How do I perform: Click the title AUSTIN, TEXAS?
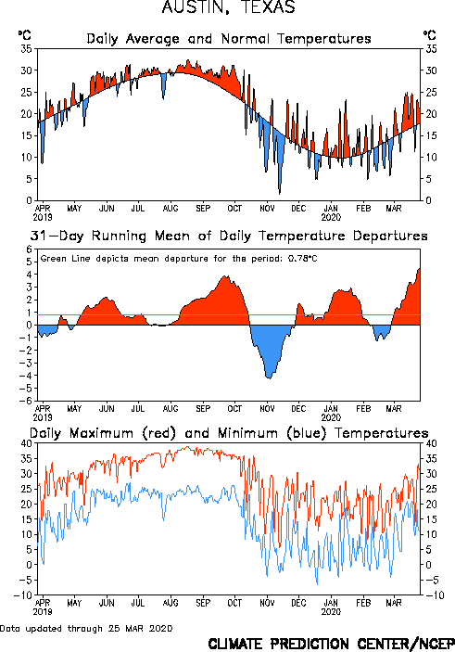tap(229, 7)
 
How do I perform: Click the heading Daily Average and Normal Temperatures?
tap(229, 39)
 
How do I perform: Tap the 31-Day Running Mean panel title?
tap(229, 236)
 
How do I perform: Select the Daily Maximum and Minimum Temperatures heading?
tap(229, 433)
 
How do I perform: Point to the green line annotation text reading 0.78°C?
tap(302, 259)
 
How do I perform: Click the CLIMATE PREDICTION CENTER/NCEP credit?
tap(331, 644)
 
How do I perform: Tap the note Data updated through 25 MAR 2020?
tap(86, 628)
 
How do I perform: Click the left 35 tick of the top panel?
tap(27, 49)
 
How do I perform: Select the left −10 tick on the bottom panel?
tap(23, 595)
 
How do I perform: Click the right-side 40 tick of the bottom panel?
tap(431, 443)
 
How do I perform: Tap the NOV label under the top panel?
tap(267, 209)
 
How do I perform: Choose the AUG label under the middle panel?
tap(171, 409)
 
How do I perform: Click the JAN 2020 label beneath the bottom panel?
tap(331, 607)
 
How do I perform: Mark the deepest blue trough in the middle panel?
tap(270, 377)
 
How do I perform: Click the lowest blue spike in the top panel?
tap(280, 192)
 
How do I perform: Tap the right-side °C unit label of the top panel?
tap(429, 35)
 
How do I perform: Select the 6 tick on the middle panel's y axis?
tap(29, 249)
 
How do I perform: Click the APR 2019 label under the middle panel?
tap(43, 413)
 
